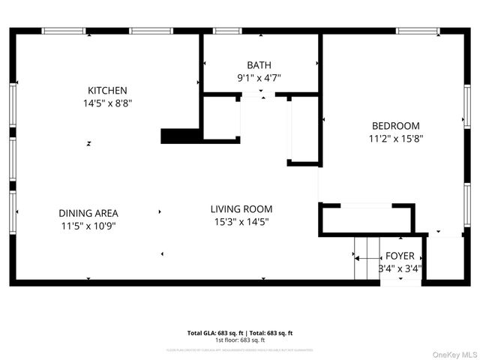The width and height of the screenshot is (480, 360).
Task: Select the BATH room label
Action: click(259, 65)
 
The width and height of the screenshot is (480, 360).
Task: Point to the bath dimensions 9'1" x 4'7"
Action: click(259, 77)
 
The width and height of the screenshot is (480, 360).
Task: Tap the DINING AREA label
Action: click(88, 213)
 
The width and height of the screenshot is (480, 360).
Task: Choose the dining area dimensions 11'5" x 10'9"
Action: click(88, 225)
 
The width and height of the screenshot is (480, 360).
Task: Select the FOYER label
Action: click(400, 256)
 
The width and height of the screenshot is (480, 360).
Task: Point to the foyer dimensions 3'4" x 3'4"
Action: click(400, 268)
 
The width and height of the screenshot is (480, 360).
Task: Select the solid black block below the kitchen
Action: click(181, 136)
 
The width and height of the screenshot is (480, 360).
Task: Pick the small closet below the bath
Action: click(221, 118)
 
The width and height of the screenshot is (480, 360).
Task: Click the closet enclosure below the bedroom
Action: click(366, 220)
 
